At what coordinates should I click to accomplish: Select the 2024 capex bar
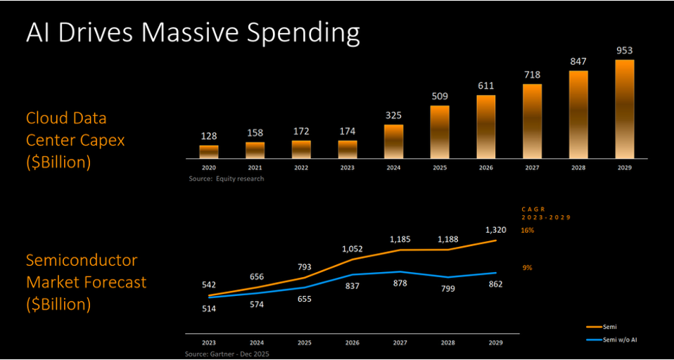coord(394,141)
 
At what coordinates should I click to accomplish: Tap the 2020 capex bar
coord(209,151)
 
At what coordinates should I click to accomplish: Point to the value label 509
coord(440,96)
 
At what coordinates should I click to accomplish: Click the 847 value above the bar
coord(578,61)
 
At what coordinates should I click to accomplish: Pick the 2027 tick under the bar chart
coord(532,169)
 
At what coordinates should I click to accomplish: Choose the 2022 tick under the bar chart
coord(301,169)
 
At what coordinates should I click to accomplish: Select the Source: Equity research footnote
coord(226,179)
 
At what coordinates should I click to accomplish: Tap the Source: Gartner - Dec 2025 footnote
coord(227,354)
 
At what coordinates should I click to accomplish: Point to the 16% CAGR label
coord(527,230)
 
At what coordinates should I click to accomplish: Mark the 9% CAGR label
coord(526,267)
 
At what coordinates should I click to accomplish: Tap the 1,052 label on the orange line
coord(352,248)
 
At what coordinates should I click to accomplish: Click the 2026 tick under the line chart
coord(352,342)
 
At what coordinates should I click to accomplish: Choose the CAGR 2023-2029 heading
coord(545,213)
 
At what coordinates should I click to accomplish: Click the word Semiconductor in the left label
coord(82,261)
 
